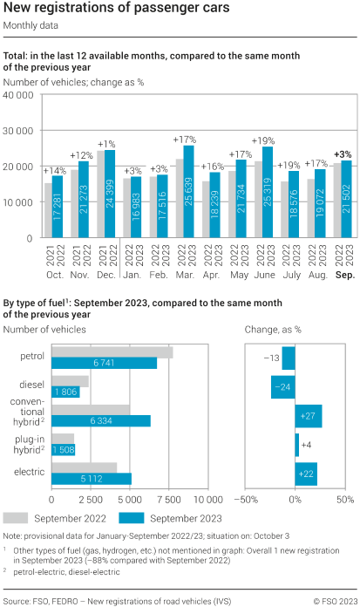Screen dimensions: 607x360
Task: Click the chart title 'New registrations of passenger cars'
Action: click(x=117, y=10)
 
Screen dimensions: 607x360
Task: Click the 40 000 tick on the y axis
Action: click(x=18, y=95)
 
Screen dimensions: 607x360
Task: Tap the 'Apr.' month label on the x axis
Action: click(x=211, y=274)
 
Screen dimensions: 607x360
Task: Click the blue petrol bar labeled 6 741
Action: click(x=105, y=363)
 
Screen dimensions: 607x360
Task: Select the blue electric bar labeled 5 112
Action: click(x=92, y=477)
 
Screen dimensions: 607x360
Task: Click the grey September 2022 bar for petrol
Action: click(x=112, y=352)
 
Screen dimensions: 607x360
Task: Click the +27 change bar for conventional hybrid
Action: click(x=309, y=416)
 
